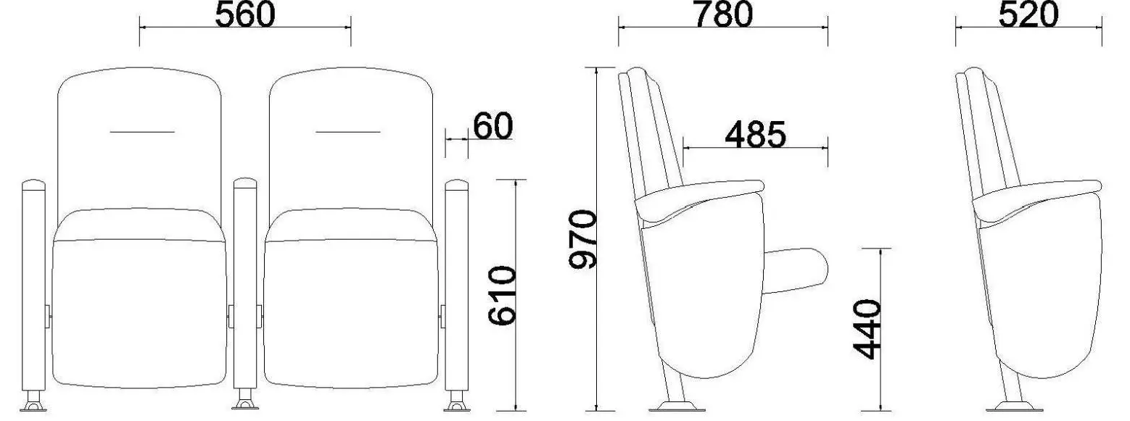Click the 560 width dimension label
(245, 14)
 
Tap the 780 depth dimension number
(723, 14)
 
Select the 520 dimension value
(1028, 14)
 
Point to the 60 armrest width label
(493, 126)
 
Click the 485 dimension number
(755, 135)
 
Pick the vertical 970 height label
(582, 240)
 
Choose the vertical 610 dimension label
(502, 296)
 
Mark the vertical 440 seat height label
(867, 329)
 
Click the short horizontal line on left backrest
(142, 132)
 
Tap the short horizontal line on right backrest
(348, 132)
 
